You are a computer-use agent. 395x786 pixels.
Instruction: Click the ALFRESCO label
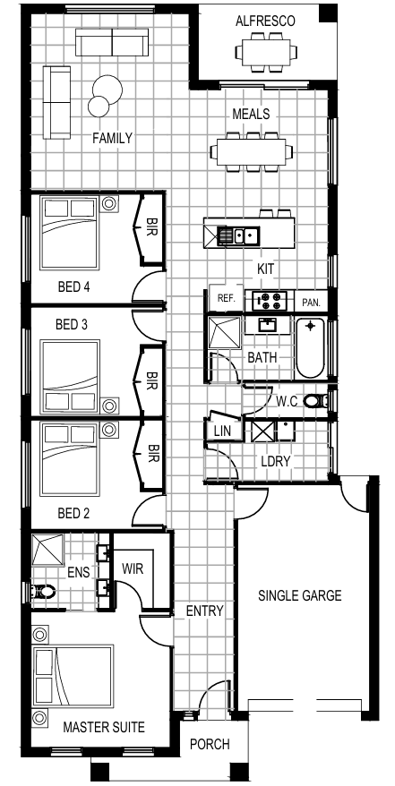(265, 21)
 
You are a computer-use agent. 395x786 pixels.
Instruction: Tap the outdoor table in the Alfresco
(266, 52)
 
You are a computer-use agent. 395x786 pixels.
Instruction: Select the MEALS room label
(251, 114)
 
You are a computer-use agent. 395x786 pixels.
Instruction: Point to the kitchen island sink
(237, 235)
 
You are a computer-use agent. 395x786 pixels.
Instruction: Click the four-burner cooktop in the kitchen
(270, 301)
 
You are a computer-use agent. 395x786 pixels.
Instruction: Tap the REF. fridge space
(227, 299)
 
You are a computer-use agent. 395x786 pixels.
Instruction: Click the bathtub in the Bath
(311, 348)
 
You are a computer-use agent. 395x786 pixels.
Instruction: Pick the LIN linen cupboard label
(221, 431)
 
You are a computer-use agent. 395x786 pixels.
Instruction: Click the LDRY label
(276, 461)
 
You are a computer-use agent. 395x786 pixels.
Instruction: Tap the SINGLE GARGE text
(300, 595)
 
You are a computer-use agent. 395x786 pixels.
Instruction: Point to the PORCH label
(210, 745)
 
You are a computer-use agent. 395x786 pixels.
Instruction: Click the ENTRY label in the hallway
(204, 611)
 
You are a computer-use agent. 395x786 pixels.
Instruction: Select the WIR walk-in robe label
(133, 569)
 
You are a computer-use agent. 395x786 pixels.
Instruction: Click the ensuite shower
(47, 550)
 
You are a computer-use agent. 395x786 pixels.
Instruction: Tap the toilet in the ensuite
(42, 592)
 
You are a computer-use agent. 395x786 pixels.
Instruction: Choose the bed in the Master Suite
(73, 677)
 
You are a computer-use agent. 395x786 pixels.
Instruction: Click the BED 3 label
(72, 325)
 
